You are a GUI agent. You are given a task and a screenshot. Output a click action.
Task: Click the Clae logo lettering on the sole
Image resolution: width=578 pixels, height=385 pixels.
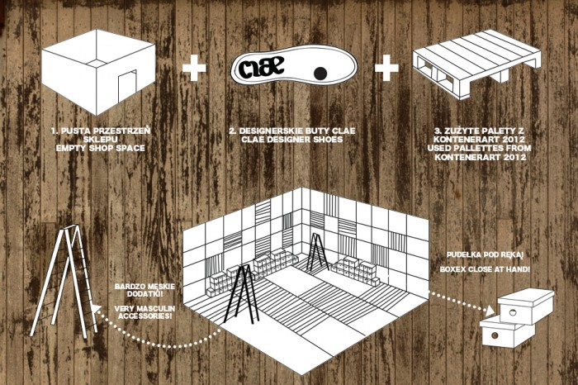pyautogui.click(x=267, y=66)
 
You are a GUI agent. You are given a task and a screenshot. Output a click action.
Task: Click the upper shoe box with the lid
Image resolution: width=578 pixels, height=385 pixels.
pyautogui.click(x=528, y=307)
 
